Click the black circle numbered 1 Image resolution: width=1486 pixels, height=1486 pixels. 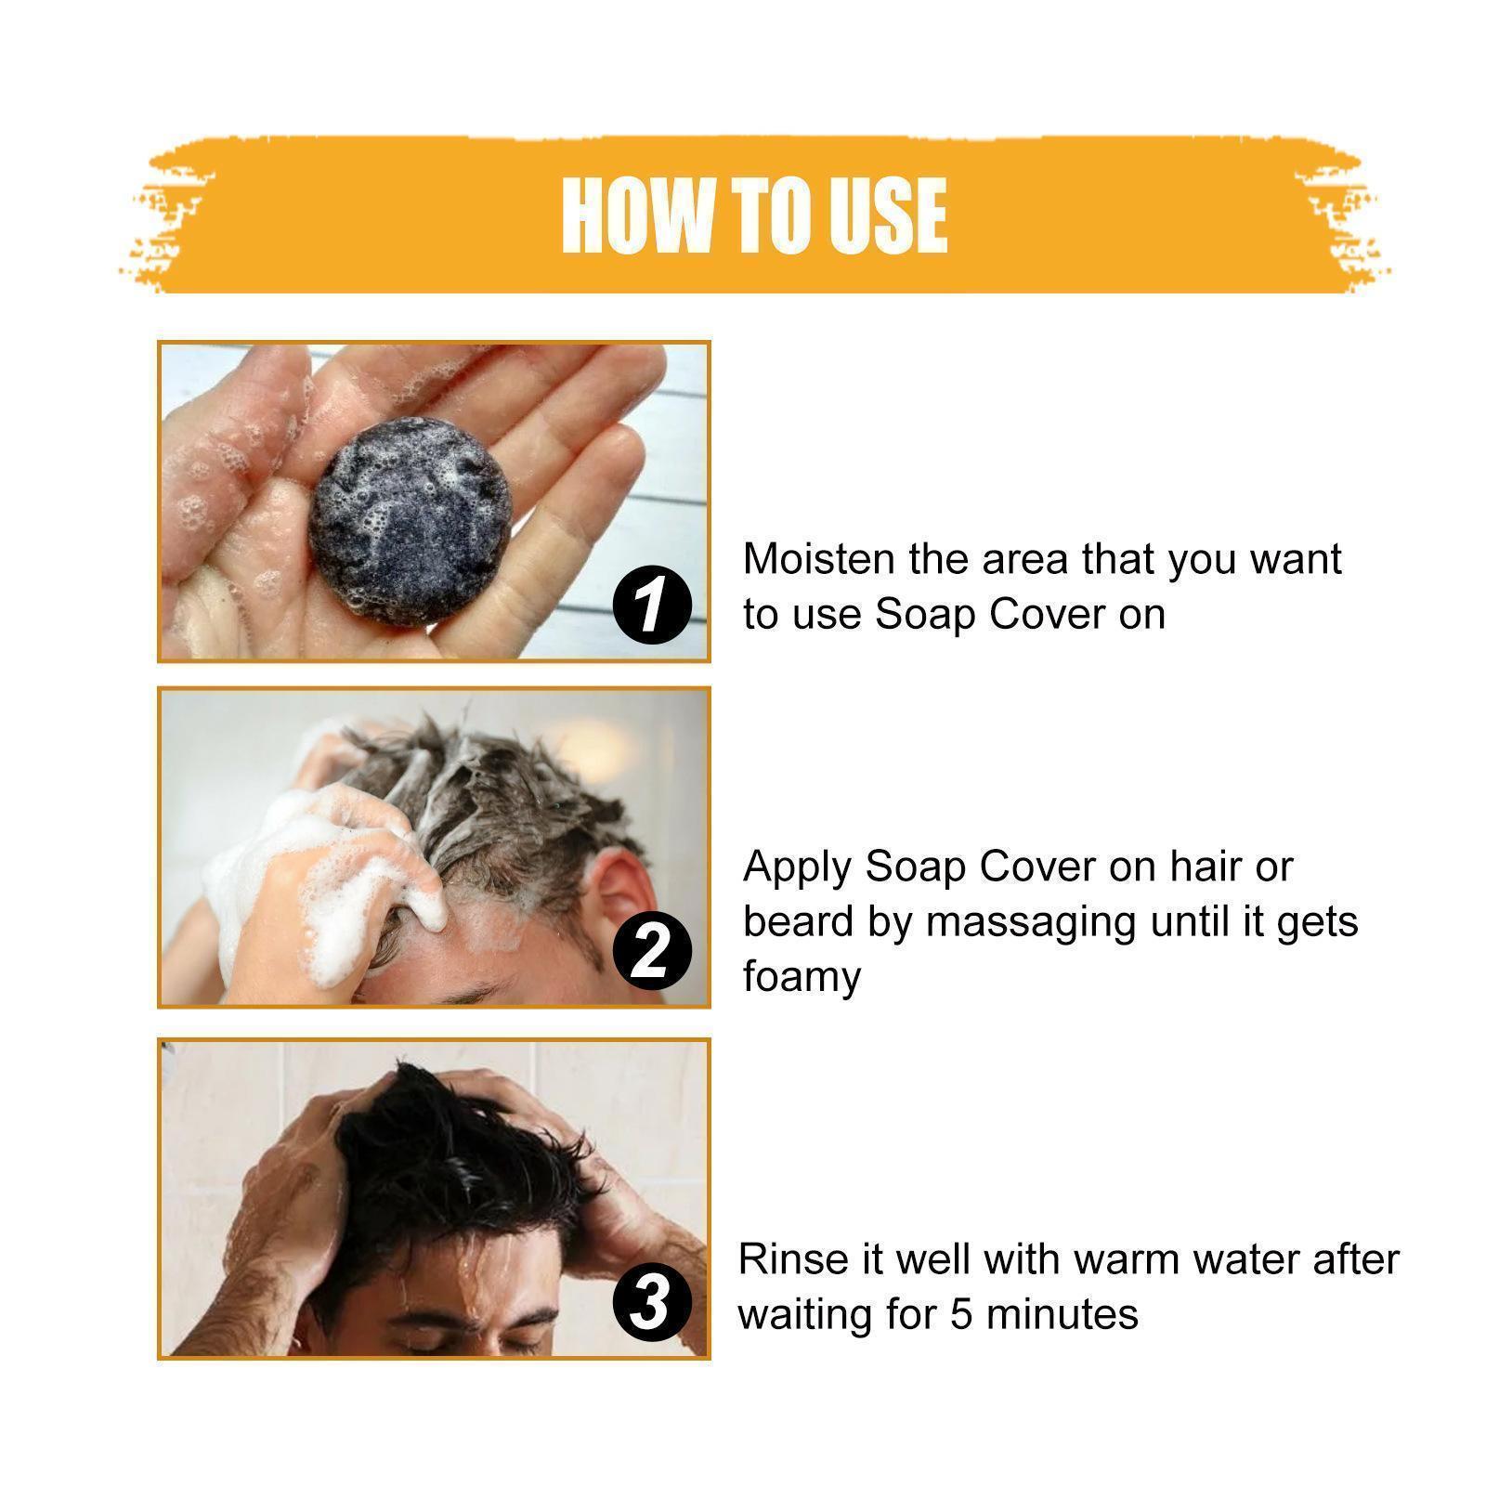[x=652, y=604]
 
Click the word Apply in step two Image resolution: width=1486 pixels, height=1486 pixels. [x=797, y=867]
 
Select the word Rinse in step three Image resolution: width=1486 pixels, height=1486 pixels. [x=790, y=1260]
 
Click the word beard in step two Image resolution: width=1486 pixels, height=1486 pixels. [x=798, y=922]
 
